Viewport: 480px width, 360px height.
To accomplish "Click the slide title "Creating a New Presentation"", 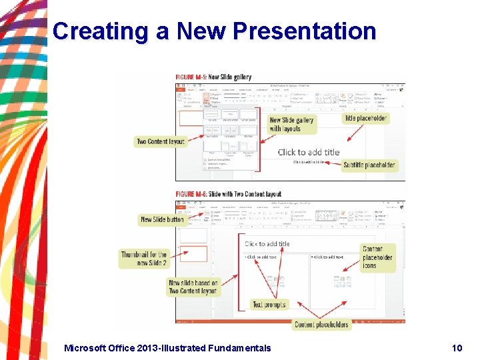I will click(214, 31).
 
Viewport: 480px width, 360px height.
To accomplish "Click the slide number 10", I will click(457, 347).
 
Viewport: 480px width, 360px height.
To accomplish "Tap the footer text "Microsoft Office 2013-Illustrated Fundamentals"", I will click(167, 347).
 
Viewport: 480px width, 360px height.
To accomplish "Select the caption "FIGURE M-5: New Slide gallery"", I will click(213, 77).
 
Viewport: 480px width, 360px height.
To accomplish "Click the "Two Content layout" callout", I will click(161, 141).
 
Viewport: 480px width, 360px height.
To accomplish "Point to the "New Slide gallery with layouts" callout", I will click(291, 124).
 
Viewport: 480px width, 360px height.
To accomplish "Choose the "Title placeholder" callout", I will click(365, 118).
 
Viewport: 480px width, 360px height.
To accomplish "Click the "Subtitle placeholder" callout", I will click(369, 165).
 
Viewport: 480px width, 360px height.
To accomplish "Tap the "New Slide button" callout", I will click(162, 219).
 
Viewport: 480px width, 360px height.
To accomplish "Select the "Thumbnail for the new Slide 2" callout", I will click(144, 259).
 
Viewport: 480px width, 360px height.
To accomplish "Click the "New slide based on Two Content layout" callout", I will click(193, 287).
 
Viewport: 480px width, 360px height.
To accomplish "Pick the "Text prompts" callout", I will click(269, 305).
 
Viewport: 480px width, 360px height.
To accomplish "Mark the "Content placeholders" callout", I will click(321, 325).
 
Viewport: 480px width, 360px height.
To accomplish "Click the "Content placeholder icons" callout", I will click(377, 257).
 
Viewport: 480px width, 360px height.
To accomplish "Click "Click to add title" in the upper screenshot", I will click(309, 152).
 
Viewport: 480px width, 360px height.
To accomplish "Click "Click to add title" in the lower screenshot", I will click(267, 244).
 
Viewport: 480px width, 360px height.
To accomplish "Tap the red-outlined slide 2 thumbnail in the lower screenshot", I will click(194, 254).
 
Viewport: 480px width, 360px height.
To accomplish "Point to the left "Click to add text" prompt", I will click(261, 257).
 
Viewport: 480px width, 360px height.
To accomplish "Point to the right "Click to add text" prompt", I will click(329, 257).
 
